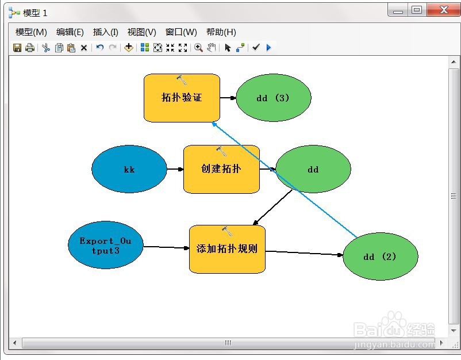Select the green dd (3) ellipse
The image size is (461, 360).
pyautogui.click(x=273, y=98)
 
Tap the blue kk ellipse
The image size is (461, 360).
pyautogui.click(x=129, y=169)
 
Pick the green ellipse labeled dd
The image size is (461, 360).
pyautogui.click(x=313, y=169)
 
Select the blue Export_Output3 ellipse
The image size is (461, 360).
pyautogui.click(x=105, y=245)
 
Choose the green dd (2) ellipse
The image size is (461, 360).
pyautogui.click(x=380, y=256)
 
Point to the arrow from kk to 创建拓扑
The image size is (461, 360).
pyautogui.click(x=175, y=169)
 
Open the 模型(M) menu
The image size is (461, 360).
pyautogui.click(x=31, y=32)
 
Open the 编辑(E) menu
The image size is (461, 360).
pyautogui.click(x=70, y=32)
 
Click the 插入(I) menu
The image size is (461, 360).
pyautogui.click(x=106, y=32)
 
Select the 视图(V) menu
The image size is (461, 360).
pyautogui.click(x=142, y=32)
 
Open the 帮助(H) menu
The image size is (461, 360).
pyautogui.click(x=221, y=32)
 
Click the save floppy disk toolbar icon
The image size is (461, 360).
pyautogui.click(x=17, y=48)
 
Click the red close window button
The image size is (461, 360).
pyautogui.click(x=443, y=10)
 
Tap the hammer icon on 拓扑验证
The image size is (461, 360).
pyautogui.click(x=182, y=79)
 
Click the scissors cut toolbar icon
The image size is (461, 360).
pyautogui.click(x=46, y=48)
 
